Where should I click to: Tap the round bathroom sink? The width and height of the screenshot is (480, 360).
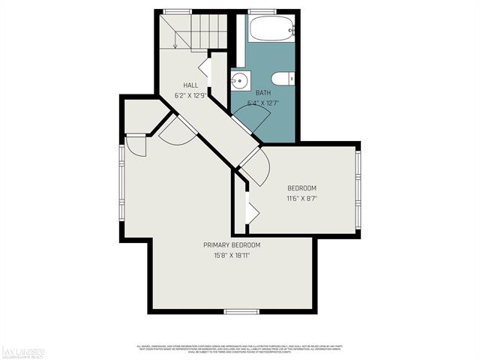(x=239, y=79)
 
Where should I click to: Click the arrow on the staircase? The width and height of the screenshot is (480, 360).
(x=175, y=43)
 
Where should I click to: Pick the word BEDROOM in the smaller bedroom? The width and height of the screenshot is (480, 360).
(x=302, y=187)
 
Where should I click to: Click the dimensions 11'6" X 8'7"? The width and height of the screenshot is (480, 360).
(x=302, y=199)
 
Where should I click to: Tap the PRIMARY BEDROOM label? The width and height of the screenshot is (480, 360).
(x=232, y=245)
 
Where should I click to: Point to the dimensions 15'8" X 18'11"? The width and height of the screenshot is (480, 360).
(x=232, y=256)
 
